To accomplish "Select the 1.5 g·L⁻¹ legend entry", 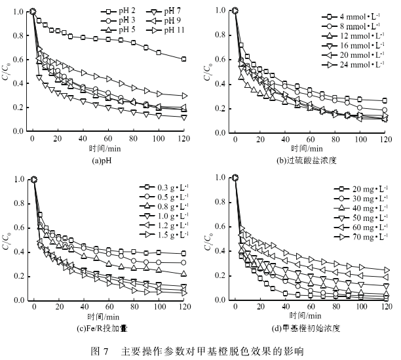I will point(166,233).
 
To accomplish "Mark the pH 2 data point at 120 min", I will point(183,59).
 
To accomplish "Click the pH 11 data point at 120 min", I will point(183,96).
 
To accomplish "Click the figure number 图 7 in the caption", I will point(103,350).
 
